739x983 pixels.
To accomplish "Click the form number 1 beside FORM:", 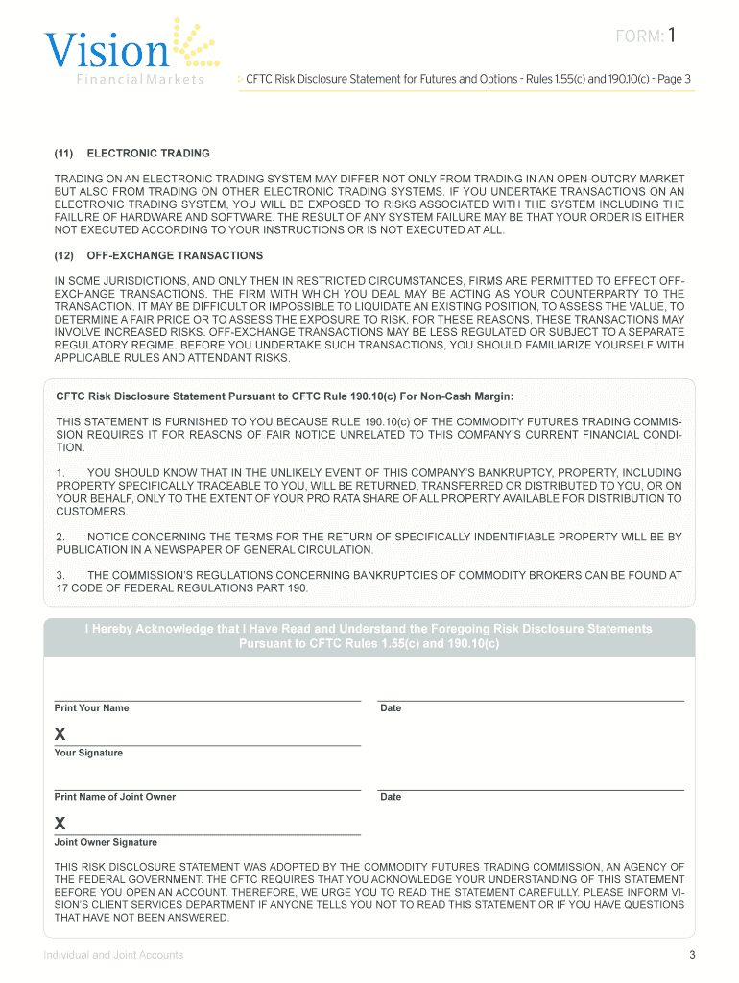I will [x=674, y=36].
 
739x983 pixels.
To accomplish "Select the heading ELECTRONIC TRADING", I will [x=148, y=154].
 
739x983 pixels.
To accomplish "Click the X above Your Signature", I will [x=60, y=734].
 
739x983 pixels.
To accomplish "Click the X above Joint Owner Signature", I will [x=60, y=824].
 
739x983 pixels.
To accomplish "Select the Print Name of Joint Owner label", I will [x=115, y=797].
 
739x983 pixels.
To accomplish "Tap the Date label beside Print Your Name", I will [x=391, y=708].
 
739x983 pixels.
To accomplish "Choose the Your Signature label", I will [x=88, y=753].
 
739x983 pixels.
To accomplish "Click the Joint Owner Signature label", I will [x=106, y=842].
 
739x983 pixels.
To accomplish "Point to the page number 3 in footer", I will [x=691, y=954].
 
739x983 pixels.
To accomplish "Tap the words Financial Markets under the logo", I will [x=140, y=80].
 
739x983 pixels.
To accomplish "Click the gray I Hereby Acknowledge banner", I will [x=369, y=635].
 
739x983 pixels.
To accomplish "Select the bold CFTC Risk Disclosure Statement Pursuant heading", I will [x=285, y=396].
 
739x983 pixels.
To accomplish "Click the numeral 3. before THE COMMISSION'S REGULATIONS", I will [x=60, y=575].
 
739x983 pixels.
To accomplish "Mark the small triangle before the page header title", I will [x=240, y=79].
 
